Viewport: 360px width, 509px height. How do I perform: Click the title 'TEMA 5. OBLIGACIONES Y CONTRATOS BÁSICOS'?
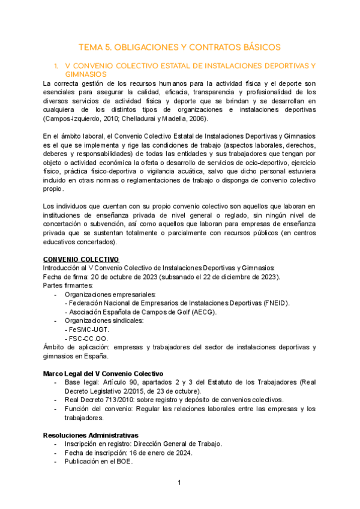(x=180, y=47)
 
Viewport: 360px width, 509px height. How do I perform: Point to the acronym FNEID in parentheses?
(x=275, y=303)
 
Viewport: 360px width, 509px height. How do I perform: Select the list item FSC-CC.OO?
(x=91, y=339)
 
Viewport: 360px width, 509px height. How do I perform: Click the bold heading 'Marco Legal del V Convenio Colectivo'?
(x=103, y=373)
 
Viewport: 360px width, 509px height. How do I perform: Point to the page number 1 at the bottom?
(x=179, y=483)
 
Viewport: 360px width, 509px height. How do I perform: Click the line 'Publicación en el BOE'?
(x=98, y=462)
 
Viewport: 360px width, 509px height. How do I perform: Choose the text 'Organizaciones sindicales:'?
(x=104, y=321)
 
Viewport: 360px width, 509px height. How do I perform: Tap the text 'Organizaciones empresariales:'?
(x=110, y=294)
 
